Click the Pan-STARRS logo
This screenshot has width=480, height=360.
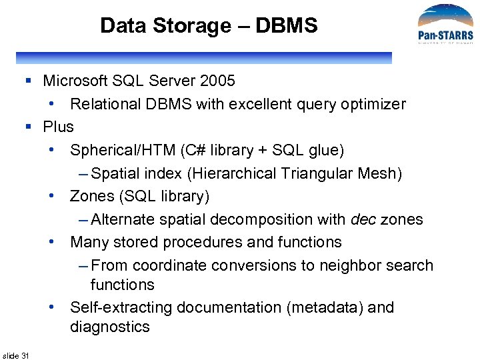click(445, 26)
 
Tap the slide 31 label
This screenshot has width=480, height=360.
click(16, 355)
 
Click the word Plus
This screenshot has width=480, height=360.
click(59, 127)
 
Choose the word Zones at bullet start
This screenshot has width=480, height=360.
click(92, 196)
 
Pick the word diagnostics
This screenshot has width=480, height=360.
click(110, 327)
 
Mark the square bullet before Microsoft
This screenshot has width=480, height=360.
click(28, 81)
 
